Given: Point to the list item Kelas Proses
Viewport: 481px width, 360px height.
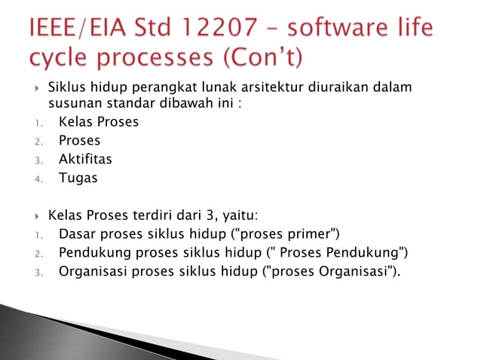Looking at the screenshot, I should tap(99, 121).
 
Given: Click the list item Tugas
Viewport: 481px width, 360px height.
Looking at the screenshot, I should tap(78, 178).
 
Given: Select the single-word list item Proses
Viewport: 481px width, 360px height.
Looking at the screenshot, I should tap(80, 140).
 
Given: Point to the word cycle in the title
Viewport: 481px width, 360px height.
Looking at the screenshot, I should tap(61, 58).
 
